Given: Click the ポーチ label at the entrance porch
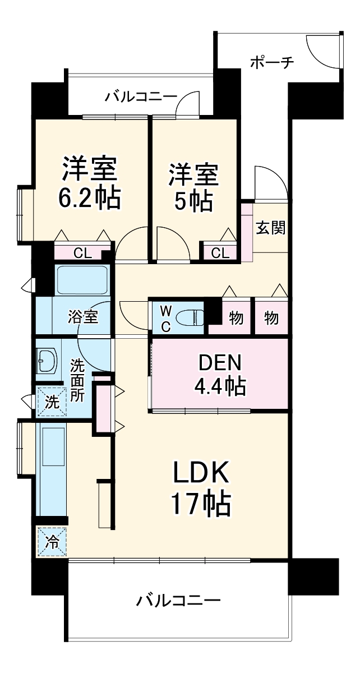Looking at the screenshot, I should (x=271, y=62).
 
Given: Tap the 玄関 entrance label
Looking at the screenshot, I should (x=271, y=227).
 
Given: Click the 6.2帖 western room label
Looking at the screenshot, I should (x=90, y=182).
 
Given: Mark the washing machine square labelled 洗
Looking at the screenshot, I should (x=51, y=402).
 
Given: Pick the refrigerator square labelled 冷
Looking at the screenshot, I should (x=52, y=542).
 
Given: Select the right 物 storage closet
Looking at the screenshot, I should (x=271, y=318).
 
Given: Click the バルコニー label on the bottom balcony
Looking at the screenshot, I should (x=178, y=602).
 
